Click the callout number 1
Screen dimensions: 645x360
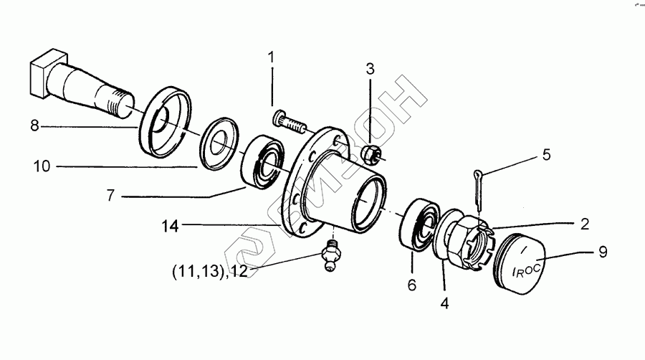coord(272,57)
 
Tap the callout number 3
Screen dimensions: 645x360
coord(370,70)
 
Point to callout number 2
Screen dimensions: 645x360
coord(585,224)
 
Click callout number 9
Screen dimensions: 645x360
coord(603,252)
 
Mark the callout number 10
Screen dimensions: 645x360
coord(42,167)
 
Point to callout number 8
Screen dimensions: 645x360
coord(34,126)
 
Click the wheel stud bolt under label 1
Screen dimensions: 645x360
coord(290,121)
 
